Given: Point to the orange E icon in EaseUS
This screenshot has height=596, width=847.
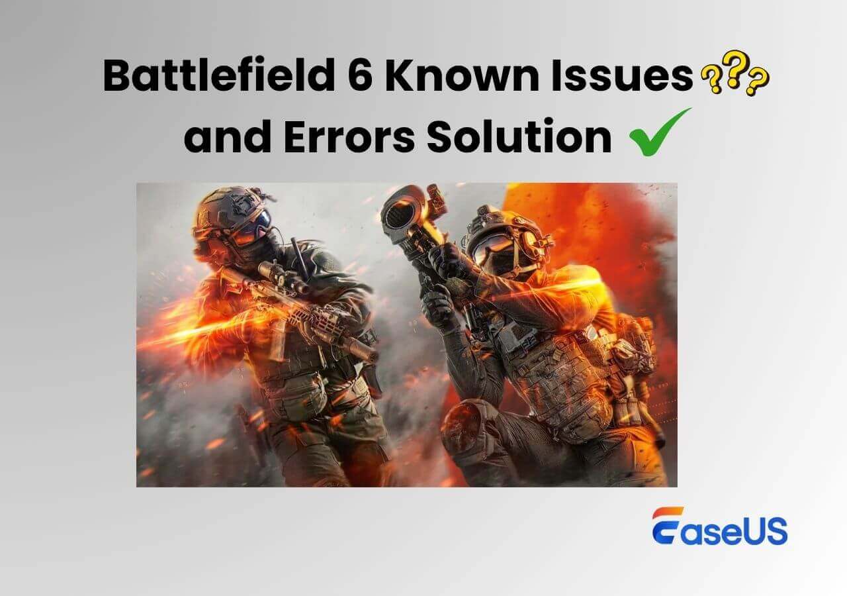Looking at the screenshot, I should [x=666, y=526].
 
